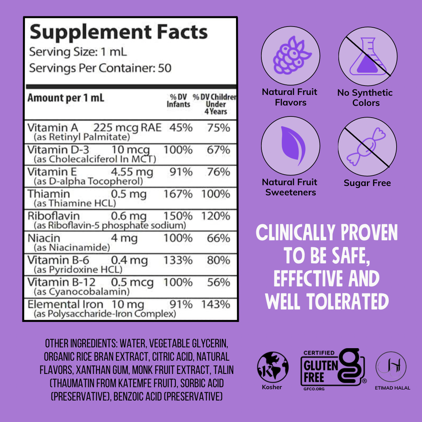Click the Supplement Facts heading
(x=118, y=32)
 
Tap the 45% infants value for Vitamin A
(x=181, y=128)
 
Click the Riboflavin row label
(x=54, y=216)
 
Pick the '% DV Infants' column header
(x=178, y=101)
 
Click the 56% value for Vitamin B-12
(x=218, y=282)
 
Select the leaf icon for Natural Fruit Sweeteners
(x=290, y=145)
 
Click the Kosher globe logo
(x=272, y=367)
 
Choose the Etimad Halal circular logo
(x=391, y=367)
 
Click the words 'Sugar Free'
(x=367, y=183)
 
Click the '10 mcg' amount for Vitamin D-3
(x=131, y=150)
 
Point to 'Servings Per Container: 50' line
(x=100, y=68)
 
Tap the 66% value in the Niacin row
(x=218, y=238)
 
